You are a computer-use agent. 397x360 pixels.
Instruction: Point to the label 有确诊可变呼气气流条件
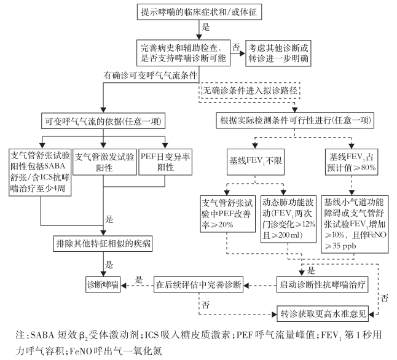(x=150, y=76)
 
